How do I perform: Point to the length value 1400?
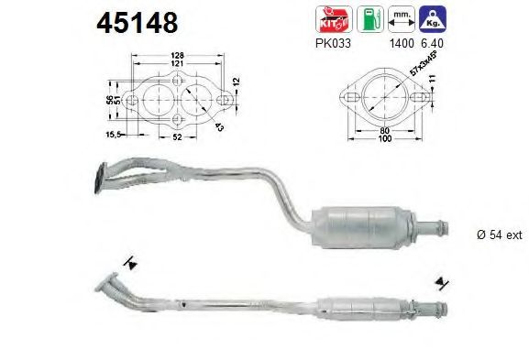click(400, 41)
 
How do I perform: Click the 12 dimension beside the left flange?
click(237, 82)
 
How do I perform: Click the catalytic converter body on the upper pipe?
click(366, 224)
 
